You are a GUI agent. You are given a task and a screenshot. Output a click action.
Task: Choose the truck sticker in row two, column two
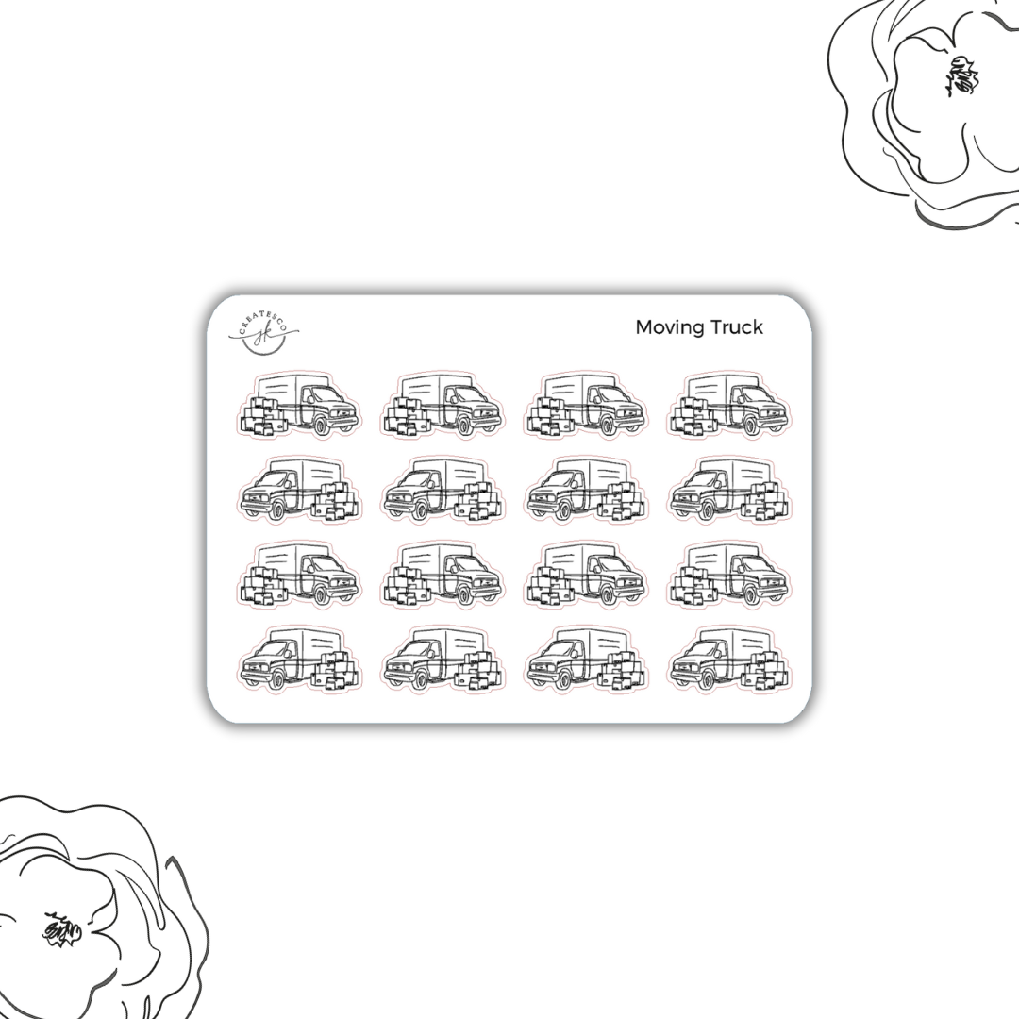442,490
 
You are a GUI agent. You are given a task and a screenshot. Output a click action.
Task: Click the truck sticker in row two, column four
728,490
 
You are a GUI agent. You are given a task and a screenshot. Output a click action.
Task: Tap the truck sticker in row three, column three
585,575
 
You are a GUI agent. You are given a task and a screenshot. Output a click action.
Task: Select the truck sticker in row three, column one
299,575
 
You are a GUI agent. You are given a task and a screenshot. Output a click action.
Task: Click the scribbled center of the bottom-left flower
62,929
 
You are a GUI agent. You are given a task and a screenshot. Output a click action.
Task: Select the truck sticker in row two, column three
585,490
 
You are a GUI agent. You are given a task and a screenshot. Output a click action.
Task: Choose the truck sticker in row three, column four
728,575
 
